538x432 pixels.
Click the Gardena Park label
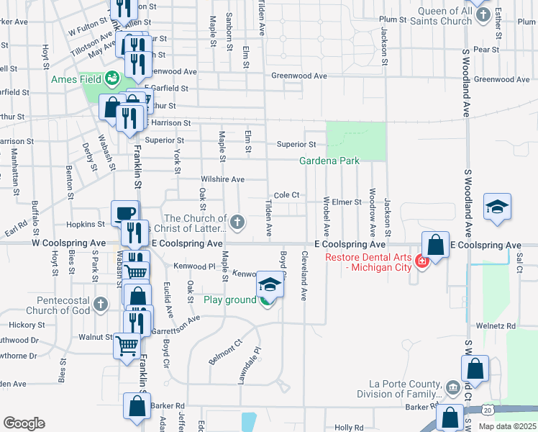click(x=329, y=161)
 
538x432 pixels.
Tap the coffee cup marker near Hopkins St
click(x=124, y=212)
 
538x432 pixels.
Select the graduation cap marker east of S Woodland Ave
click(x=497, y=207)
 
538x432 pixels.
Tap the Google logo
click(x=24, y=423)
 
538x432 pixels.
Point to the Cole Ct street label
click(x=286, y=195)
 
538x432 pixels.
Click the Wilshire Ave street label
click(x=223, y=179)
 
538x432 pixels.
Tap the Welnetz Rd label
click(x=501, y=326)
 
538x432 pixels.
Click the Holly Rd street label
click(x=349, y=428)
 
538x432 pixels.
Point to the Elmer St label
click(x=347, y=202)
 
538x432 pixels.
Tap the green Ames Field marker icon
click(x=112, y=78)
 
